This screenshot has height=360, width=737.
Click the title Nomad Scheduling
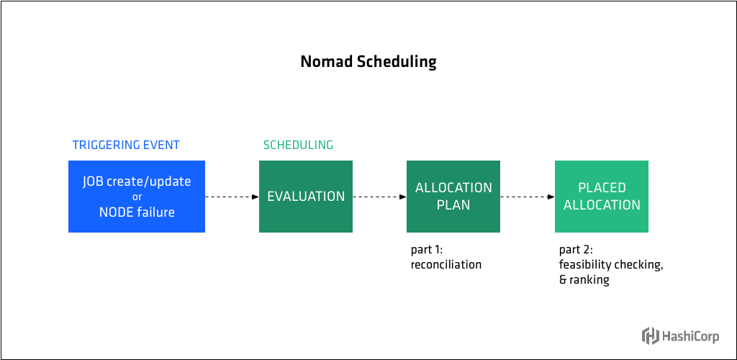pos(368,62)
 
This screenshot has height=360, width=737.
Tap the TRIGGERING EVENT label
pos(126,145)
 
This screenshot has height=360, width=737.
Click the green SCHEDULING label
pos(298,145)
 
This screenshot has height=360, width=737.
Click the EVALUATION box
pos(306,196)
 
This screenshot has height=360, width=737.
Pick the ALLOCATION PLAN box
pos(453,196)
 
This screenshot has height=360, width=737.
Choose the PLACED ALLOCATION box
pos(602,196)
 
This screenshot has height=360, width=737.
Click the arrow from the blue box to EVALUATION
pos(232,197)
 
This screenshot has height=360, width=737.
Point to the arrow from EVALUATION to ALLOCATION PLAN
pos(379,197)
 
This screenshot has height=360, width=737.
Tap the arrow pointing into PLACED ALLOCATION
pos(528,197)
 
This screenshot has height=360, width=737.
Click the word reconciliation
pos(446,265)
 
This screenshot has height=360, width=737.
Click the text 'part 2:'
pos(575,250)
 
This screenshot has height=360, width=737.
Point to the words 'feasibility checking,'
pos(610,265)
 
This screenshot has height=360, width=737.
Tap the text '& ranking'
pos(584,280)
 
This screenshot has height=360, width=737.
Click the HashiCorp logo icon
pos(650,336)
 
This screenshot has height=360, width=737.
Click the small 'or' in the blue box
pos(137,197)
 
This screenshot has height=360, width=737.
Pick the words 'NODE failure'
pos(137,212)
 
